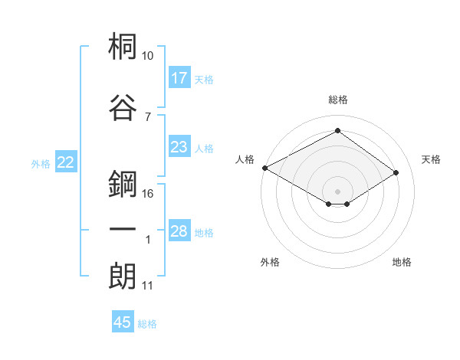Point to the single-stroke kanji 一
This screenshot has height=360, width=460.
pyautogui.click(x=123, y=230)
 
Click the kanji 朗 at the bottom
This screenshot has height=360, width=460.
pyautogui.click(x=123, y=276)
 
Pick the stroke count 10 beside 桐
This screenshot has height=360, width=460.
pyautogui.click(x=148, y=57)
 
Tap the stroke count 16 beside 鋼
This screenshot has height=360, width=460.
pyautogui.click(x=148, y=193)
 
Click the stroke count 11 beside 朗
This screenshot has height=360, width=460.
pyautogui.click(x=148, y=286)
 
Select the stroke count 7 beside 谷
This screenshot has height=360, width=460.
pyautogui.click(x=148, y=116)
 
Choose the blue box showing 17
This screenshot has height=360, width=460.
pyautogui.click(x=179, y=77)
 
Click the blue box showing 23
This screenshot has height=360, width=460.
pyautogui.click(x=179, y=147)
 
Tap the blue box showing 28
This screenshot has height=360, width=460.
pyautogui.click(x=179, y=232)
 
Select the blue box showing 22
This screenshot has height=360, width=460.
pyautogui.click(x=66, y=162)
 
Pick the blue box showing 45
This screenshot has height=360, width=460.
pyautogui.click(x=123, y=322)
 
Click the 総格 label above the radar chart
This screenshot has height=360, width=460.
pyautogui.click(x=338, y=100)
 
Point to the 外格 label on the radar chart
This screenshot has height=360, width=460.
pyautogui.click(x=270, y=263)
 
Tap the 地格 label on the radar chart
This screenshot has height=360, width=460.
pyautogui.click(x=402, y=263)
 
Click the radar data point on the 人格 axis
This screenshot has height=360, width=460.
pyautogui.click(x=264, y=167)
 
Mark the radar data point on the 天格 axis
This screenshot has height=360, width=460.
pyautogui.click(x=396, y=172)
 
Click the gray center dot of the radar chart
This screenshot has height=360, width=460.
pyautogui.click(x=337, y=191)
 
